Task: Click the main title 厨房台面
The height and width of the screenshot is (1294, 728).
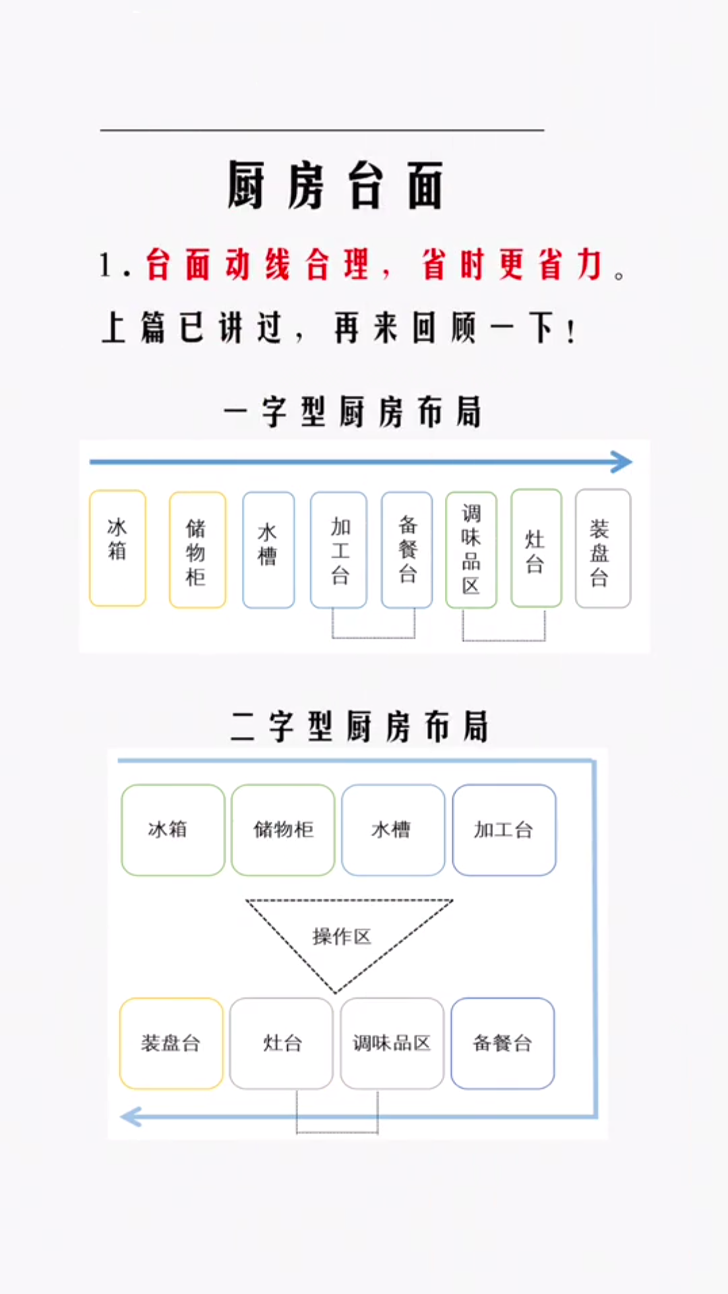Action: [335, 185]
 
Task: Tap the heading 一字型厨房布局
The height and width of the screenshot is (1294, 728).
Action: [353, 412]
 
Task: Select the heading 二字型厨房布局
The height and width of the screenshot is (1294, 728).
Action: [359, 727]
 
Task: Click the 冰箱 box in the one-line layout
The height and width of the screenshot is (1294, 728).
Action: [117, 548]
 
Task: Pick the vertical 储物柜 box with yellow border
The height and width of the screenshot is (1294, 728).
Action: [197, 550]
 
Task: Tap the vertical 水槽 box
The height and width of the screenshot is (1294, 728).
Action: [268, 550]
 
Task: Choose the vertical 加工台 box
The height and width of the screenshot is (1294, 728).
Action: [338, 550]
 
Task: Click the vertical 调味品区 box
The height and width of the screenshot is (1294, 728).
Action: [471, 550]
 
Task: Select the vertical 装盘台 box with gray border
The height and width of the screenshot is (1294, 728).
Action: [603, 549]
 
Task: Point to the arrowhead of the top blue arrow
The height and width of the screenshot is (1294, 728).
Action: [623, 462]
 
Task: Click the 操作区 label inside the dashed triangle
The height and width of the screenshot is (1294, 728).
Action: [342, 936]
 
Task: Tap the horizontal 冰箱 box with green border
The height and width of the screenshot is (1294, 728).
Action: [173, 830]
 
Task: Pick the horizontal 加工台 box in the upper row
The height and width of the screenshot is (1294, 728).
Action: [504, 830]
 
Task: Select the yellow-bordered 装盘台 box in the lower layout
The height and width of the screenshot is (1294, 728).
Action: [171, 1043]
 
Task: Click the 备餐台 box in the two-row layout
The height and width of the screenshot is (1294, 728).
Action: [503, 1043]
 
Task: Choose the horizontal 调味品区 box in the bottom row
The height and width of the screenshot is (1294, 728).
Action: [392, 1043]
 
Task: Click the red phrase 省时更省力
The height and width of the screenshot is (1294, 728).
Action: [512, 264]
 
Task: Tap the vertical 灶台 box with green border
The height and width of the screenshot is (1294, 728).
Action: [536, 549]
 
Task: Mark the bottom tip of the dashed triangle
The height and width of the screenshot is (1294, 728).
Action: [336, 993]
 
